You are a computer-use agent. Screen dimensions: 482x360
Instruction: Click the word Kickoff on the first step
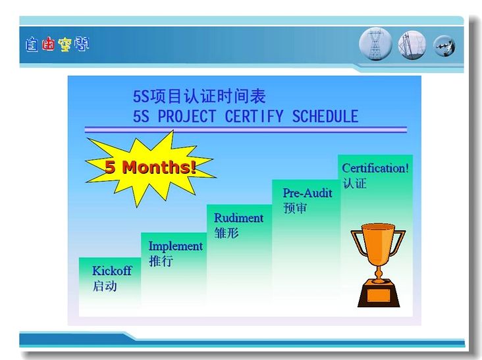click(112, 270)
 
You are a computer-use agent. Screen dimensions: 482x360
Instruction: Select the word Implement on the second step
click(176, 246)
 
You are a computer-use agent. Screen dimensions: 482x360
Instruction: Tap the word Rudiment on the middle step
click(238, 218)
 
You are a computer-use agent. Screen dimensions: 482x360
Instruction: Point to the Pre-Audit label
click(308, 193)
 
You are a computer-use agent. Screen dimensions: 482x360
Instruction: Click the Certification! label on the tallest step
click(375, 168)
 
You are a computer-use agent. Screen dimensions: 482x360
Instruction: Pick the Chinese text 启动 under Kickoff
click(105, 286)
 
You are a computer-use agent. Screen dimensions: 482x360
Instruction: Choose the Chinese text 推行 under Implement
click(161, 261)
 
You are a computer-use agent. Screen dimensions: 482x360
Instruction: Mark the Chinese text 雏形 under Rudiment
click(227, 232)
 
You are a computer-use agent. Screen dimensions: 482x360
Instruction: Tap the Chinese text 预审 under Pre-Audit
click(295, 208)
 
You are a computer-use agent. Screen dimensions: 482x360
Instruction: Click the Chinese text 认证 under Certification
click(355, 184)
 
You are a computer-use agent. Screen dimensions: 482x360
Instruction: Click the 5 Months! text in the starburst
click(150, 167)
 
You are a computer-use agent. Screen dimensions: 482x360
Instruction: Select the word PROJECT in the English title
click(186, 116)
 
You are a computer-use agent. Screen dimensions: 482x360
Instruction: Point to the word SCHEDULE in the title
click(325, 116)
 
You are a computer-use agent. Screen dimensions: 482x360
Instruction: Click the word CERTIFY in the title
click(254, 116)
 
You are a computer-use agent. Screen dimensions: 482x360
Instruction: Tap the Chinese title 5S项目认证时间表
click(200, 96)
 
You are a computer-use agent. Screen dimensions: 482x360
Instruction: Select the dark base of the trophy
click(379, 294)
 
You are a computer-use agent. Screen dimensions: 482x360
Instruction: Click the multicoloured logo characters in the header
click(57, 45)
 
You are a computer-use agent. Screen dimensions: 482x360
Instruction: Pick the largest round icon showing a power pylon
click(375, 44)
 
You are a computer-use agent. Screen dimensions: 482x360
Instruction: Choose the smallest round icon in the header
click(444, 46)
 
